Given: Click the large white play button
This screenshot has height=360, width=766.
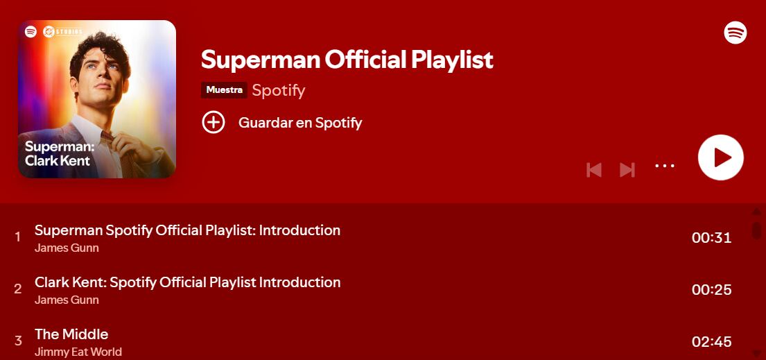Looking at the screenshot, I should [x=721, y=157].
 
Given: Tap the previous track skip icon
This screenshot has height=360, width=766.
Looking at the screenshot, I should [x=593, y=170].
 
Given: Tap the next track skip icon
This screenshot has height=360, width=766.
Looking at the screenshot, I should [x=627, y=170].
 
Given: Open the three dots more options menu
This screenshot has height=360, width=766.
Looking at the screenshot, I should [x=665, y=166].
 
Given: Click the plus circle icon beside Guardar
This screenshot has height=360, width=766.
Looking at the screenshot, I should [x=214, y=123].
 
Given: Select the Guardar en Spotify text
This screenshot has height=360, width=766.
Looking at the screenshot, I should [x=300, y=123].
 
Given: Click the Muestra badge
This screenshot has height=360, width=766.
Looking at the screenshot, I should [x=224, y=90].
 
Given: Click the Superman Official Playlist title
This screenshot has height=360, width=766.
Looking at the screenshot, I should [x=347, y=60].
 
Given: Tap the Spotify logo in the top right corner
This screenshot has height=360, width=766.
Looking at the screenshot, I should [x=735, y=32].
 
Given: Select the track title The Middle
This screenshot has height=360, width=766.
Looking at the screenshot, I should [x=71, y=334].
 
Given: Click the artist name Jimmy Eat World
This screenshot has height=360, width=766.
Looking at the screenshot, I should [x=78, y=352].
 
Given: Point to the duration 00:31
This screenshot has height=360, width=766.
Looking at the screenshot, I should [x=711, y=238].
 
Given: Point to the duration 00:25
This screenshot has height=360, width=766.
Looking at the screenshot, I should [x=711, y=290].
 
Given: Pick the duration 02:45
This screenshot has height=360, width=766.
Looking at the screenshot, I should [x=711, y=342].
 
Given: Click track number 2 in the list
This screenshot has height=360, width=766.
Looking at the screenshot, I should [x=18, y=289].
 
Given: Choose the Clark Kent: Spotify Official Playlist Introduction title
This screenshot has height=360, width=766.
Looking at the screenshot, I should [x=187, y=282].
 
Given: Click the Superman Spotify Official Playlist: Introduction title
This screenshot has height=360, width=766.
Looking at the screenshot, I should [x=187, y=230].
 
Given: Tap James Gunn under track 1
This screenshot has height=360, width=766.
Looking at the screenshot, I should [x=67, y=248].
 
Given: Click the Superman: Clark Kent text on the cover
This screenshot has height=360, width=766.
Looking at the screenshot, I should [x=60, y=153].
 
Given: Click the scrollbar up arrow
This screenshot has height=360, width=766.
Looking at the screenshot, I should [x=756, y=212].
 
